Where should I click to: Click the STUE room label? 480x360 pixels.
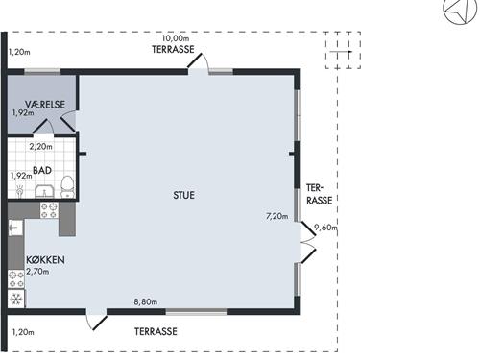point(183,195)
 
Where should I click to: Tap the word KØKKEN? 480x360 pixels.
point(45,260)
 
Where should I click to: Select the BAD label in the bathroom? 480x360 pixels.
point(42,170)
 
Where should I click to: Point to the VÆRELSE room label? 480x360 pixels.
point(45,105)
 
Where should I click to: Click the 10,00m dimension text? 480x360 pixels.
point(176,38)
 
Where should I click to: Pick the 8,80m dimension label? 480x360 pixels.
point(146,301)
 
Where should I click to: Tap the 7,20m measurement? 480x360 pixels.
point(276,216)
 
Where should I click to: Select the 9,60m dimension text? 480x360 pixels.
point(325,228)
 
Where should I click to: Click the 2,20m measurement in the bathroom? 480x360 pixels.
point(41,147)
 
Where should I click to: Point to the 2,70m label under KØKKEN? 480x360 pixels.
point(37,272)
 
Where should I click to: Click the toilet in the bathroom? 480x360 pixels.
point(67,187)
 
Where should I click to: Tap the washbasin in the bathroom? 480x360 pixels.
point(44,191)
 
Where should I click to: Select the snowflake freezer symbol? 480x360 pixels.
point(15,300)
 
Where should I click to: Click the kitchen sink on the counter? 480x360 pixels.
point(15,228)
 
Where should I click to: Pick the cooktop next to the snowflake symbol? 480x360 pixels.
point(16,279)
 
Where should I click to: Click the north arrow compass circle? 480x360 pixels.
point(460,10)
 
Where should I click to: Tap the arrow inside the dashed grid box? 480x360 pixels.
point(341,52)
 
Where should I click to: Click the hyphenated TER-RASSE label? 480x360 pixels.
point(320,194)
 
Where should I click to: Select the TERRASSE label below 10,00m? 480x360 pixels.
point(173,49)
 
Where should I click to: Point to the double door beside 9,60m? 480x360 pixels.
point(308,242)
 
